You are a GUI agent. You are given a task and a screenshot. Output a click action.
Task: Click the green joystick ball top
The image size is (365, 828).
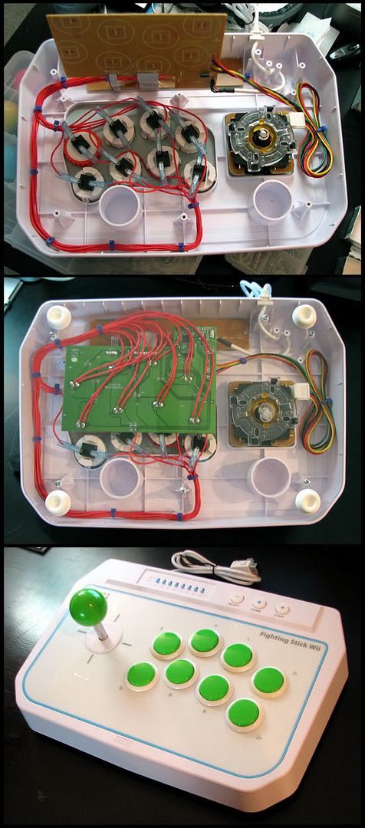tap(88, 606)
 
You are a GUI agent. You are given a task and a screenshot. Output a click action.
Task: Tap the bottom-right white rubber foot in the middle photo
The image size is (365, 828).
tap(307, 501)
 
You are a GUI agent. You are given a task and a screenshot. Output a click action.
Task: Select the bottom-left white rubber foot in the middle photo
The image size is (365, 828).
tap(58, 502)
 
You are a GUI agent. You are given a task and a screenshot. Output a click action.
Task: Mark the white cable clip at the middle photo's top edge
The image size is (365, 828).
tap(258, 294)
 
